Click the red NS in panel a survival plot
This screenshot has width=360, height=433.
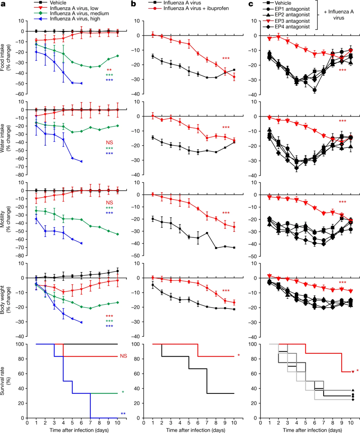pyautogui.click(x=124, y=357)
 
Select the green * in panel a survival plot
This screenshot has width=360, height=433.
pyautogui.click(x=122, y=393)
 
